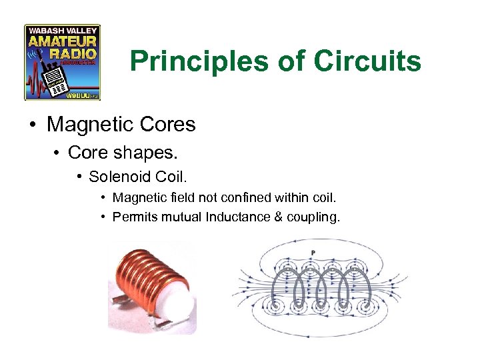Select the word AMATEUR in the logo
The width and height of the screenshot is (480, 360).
pos(62,41)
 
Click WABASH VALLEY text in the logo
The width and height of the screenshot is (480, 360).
pos(62,30)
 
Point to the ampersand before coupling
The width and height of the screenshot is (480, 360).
pos(278,216)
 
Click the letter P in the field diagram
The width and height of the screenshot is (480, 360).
pos(313,252)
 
